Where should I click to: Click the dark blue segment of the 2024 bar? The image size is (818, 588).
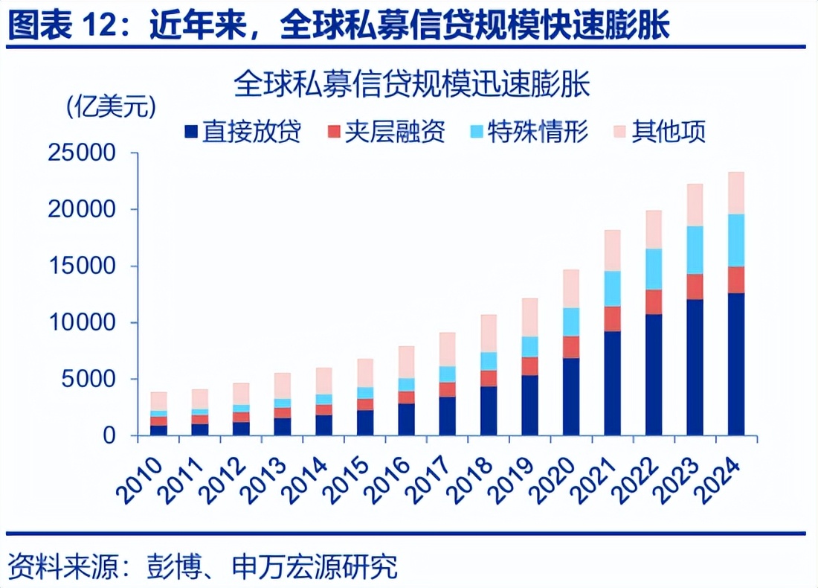pos(736,364)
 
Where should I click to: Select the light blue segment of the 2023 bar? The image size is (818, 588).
pos(695,250)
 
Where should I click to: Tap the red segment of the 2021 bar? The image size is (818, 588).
pos(612,319)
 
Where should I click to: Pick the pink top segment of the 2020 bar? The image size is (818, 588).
pos(571,288)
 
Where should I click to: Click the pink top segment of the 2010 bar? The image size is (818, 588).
pos(158,401)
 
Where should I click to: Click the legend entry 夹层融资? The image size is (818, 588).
pos(387,132)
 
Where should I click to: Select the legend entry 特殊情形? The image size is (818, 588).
pos(529,132)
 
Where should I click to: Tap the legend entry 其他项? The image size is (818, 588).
pos(659,132)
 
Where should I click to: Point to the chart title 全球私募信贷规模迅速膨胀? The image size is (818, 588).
pos(411,83)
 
